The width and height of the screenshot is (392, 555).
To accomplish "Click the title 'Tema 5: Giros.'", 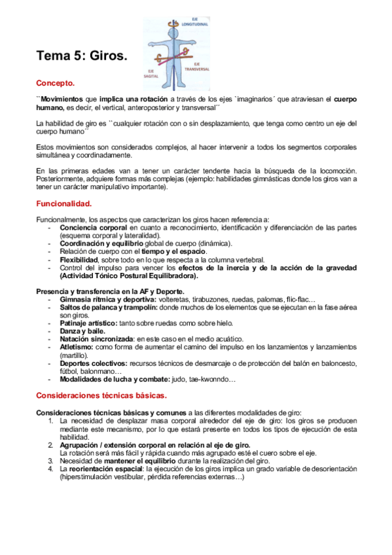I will click(x=81, y=57).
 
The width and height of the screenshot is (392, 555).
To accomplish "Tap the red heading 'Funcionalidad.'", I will click(x=63, y=203).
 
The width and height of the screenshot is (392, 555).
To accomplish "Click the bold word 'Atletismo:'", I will click(x=77, y=347).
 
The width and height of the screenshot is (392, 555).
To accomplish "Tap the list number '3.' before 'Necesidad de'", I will click(x=52, y=460).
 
